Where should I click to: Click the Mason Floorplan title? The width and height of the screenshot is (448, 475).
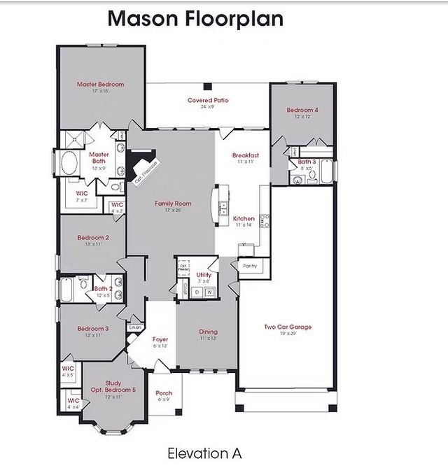pyautogui.click(x=195, y=18)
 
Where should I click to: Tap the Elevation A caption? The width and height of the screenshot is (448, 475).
pyautogui.click(x=204, y=453)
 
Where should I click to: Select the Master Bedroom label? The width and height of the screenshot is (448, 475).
pyautogui.click(x=100, y=85)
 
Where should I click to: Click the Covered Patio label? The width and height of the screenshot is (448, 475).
pyautogui.click(x=208, y=101)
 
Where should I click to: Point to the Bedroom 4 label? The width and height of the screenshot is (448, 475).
pyautogui.click(x=302, y=110)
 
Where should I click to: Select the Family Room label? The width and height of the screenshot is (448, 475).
pyautogui.click(x=173, y=204)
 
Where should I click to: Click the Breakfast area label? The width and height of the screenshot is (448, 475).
pyautogui.click(x=246, y=155)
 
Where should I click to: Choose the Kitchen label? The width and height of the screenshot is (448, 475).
pyautogui.click(x=244, y=219)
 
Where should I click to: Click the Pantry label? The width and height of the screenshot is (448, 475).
pyautogui.click(x=250, y=266)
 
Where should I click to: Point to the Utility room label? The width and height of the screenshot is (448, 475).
pyautogui.click(x=204, y=275)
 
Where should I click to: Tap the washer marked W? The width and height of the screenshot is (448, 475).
pyautogui.click(x=209, y=291)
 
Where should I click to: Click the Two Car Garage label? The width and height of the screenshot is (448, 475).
pyautogui.click(x=288, y=327)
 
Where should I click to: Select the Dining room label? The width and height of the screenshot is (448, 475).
pyautogui.click(x=208, y=332)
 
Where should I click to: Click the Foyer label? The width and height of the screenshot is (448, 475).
pyautogui.click(x=160, y=339)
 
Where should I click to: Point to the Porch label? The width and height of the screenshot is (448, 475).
pyautogui.click(x=164, y=393)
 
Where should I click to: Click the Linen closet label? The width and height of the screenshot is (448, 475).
pyautogui.click(x=136, y=327)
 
